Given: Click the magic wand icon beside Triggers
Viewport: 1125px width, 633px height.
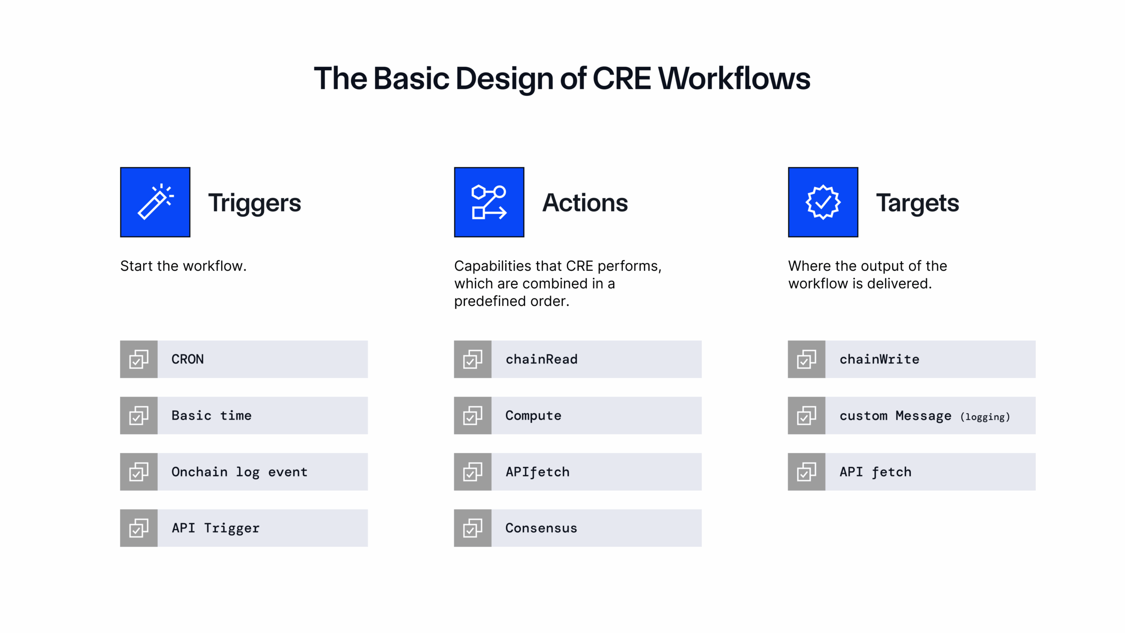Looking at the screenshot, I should [x=155, y=202].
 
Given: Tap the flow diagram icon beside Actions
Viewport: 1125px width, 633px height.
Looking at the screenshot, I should [x=489, y=202].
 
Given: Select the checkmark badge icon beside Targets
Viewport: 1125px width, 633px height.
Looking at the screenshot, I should [x=823, y=202].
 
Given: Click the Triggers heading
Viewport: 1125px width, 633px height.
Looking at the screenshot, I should [x=254, y=203].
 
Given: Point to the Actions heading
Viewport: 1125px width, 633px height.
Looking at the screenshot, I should [x=585, y=203].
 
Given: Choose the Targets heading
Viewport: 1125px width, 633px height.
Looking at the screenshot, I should [x=918, y=203].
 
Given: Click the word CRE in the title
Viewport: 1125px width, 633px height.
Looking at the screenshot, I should [x=621, y=78].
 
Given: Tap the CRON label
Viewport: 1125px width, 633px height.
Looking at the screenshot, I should [x=188, y=359].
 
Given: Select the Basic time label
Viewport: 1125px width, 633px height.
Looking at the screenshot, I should [x=211, y=415].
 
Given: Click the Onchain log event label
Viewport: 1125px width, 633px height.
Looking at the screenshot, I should [x=240, y=472].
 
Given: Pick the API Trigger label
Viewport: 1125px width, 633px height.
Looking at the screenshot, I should [x=215, y=528].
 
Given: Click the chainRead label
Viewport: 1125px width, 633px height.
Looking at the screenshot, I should [x=541, y=359].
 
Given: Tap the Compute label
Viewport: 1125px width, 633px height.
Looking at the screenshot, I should [x=533, y=415].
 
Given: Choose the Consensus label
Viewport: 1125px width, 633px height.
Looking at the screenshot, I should [x=541, y=528].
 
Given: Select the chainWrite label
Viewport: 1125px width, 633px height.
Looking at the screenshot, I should [x=879, y=359].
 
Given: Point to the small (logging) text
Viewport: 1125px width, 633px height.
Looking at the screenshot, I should [x=985, y=417].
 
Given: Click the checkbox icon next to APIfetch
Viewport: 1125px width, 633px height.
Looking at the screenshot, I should [x=472, y=472].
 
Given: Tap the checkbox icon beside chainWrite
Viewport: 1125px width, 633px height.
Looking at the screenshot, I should [x=806, y=359].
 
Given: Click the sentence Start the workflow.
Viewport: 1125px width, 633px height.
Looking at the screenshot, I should [x=183, y=266].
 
